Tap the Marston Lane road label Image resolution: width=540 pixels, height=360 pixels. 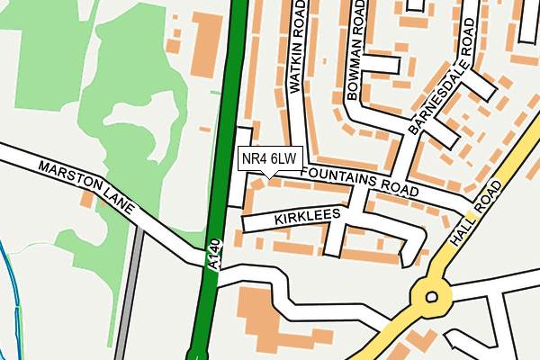[85, 188]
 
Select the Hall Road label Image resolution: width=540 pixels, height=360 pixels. [474, 215]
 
